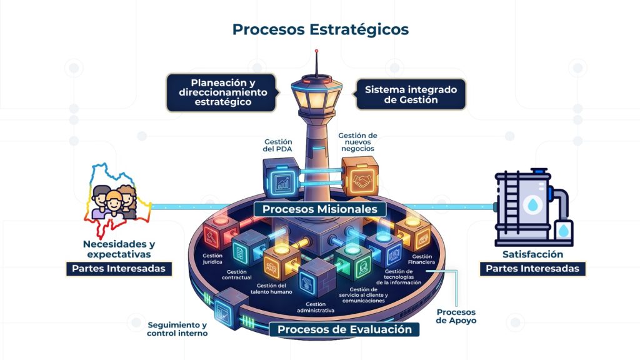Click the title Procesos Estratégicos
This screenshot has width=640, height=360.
tap(320, 29)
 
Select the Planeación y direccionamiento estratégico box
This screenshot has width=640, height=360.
tap(223, 92)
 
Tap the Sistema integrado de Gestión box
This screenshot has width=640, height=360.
tap(411, 94)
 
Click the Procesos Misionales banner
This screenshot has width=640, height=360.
tap(319, 209)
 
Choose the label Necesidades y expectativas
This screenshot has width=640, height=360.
tap(117, 249)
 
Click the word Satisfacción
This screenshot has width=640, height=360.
tap(532, 254)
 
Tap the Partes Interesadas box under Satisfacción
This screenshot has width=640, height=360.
tap(533, 269)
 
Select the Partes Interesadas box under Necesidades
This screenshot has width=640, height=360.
tap(118, 269)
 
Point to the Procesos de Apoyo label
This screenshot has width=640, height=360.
tap(456, 316)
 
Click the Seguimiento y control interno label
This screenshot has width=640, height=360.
tap(177, 329)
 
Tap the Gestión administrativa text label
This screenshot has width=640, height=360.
tap(316, 306)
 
